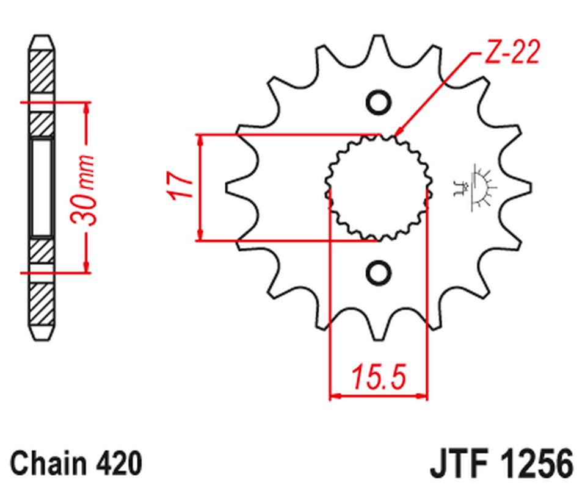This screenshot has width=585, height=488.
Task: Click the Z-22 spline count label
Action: click(512, 54)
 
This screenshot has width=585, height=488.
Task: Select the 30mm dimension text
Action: click(85, 190)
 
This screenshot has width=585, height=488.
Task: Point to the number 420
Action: click(121, 463)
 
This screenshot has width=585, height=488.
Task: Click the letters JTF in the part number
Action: click(457, 463)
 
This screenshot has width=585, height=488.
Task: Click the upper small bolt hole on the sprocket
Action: click(378, 102)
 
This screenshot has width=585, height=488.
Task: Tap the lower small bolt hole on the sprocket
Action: click(378, 272)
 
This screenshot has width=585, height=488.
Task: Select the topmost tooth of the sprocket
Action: click(378, 46)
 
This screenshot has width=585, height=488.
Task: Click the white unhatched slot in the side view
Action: click(42, 187)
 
